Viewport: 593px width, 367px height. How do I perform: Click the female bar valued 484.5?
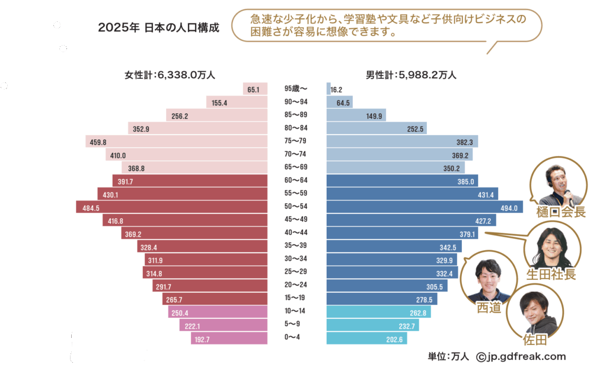click(x=172, y=208)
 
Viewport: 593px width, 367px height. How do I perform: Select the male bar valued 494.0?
click(x=424, y=208)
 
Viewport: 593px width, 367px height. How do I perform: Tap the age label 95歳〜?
click(x=296, y=89)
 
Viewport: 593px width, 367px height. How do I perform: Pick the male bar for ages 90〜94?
click(x=339, y=103)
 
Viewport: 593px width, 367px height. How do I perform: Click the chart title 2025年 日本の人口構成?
click(x=158, y=27)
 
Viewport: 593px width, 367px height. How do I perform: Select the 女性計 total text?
click(x=170, y=75)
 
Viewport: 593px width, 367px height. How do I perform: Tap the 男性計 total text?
click(x=411, y=75)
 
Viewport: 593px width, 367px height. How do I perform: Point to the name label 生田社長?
click(x=551, y=274)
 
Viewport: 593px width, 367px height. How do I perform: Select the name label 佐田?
click(x=534, y=339)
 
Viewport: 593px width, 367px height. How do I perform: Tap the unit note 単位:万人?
click(x=448, y=356)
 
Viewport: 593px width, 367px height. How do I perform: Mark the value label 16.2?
click(x=337, y=90)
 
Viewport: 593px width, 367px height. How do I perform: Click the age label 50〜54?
click(x=296, y=208)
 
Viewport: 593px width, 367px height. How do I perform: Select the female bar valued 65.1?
click(x=253, y=89)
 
